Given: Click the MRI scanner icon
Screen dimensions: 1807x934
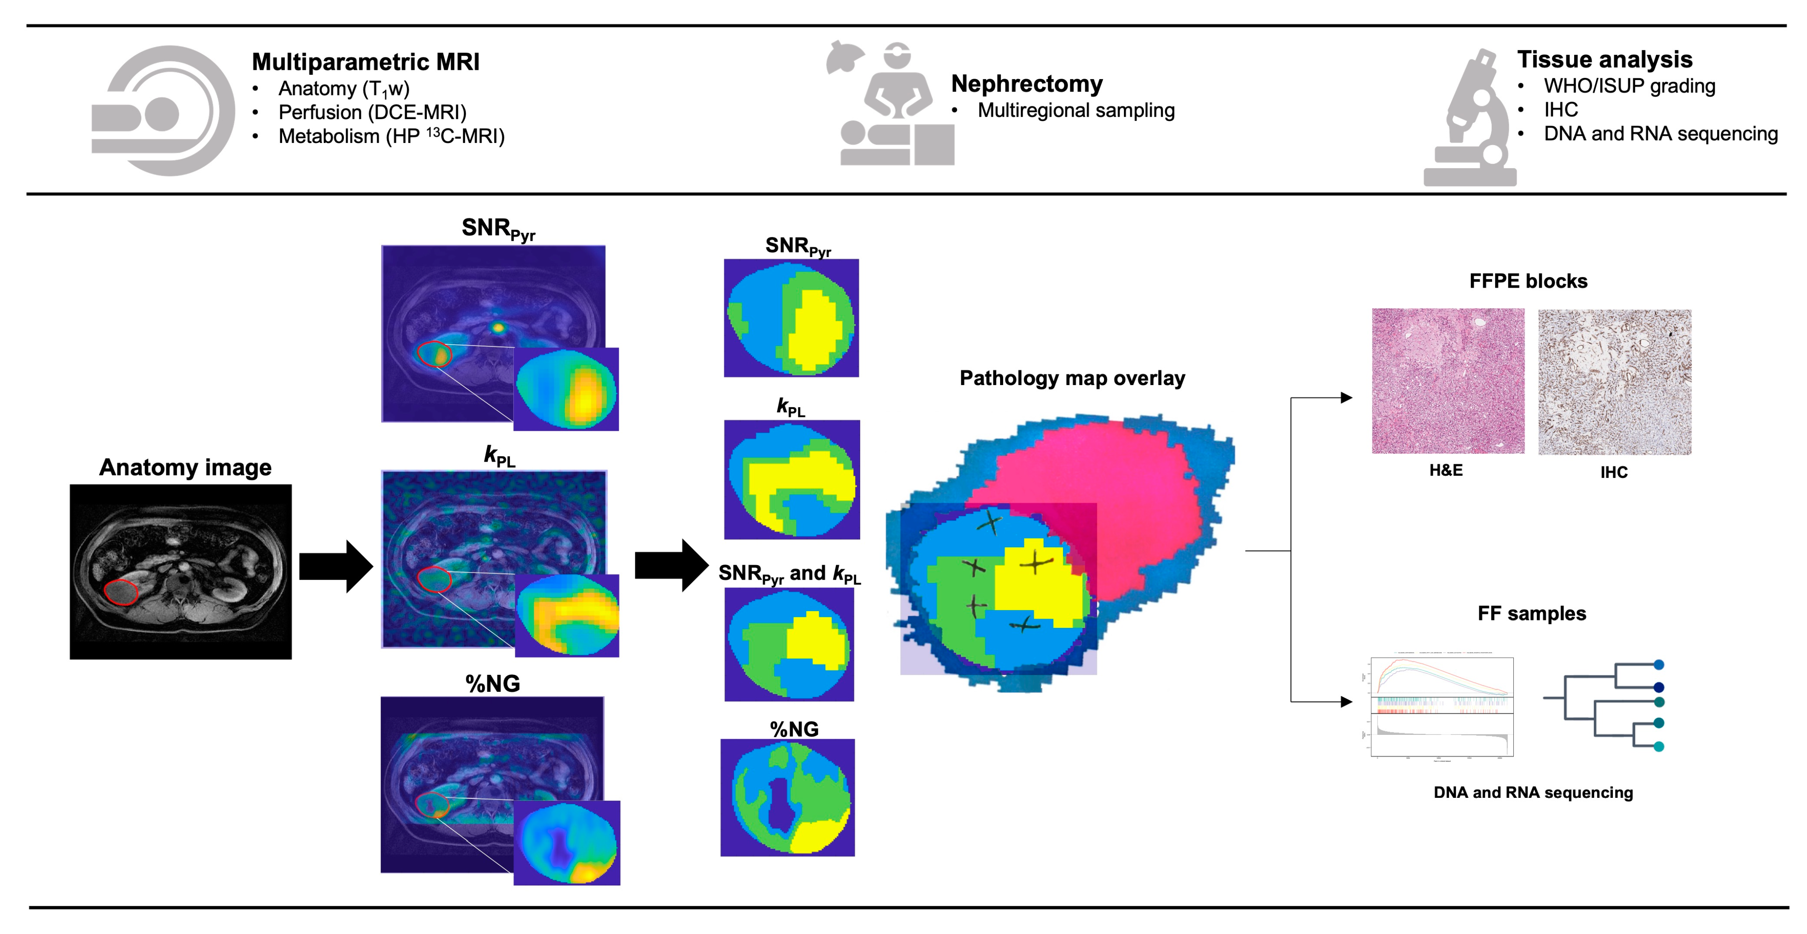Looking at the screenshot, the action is click(x=163, y=111).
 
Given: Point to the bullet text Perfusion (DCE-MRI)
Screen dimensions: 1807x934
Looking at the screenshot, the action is click(x=372, y=112).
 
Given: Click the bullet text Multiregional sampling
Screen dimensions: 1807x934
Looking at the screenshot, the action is click(x=1075, y=110).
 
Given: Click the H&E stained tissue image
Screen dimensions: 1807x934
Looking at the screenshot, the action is click(x=1448, y=381).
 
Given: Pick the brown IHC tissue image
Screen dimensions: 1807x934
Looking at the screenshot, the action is click(x=1614, y=382).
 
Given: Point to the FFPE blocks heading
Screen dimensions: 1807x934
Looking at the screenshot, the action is click(x=1528, y=281).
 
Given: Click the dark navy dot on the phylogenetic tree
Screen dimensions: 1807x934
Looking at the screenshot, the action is click(x=1659, y=687).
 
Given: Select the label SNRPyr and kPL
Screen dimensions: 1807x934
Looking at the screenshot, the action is click(x=789, y=574).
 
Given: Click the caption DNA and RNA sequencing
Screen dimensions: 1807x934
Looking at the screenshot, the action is click(x=1533, y=792).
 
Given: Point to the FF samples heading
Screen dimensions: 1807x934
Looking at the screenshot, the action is click(x=1531, y=614).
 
